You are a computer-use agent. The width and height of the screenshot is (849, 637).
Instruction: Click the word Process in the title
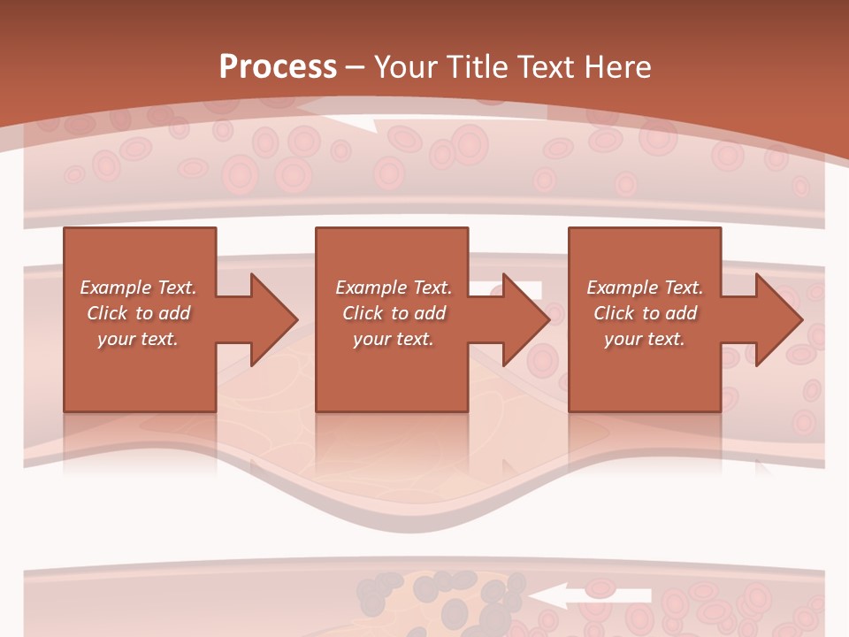(x=278, y=67)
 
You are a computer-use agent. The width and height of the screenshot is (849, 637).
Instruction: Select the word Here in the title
(x=616, y=67)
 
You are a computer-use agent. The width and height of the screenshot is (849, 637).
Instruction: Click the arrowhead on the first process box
(x=271, y=319)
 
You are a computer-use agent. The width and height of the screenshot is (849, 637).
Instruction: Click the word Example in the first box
(x=115, y=288)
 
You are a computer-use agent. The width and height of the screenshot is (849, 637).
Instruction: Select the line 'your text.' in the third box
(x=644, y=339)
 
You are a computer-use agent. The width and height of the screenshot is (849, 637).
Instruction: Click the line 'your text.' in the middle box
(x=393, y=339)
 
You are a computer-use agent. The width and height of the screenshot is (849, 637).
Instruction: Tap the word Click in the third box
(x=614, y=313)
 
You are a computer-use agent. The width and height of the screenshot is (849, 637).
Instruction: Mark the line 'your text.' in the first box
(x=137, y=339)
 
